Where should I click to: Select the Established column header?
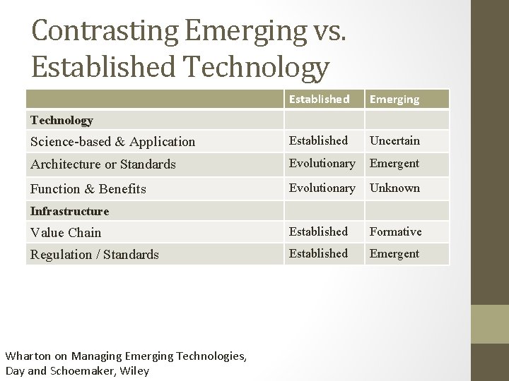point(319,99)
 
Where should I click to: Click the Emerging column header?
point(395,99)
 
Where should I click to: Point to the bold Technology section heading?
point(62,120)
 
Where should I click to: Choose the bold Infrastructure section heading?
point(69,211)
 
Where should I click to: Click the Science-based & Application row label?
point(112,141)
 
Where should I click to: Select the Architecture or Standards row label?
point(103,164)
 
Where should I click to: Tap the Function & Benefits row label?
point(88,188)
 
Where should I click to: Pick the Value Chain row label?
point(66,232)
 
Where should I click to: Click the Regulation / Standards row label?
point(94,254)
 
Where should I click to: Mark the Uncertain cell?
point(394,140)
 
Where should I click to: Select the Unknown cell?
point(394,188)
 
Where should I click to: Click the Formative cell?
point(395,231)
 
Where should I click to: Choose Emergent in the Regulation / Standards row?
point(394,253)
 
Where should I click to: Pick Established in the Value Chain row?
point(319,231)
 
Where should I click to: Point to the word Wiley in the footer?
point(134,370)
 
